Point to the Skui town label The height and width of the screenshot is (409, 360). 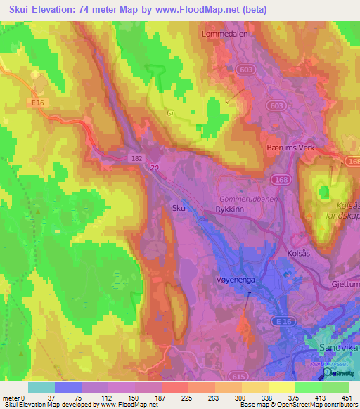click(179, 208)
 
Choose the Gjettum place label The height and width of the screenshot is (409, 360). click(345, 284)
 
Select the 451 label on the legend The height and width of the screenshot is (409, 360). click(347, 398)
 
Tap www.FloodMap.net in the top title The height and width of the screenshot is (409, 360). click(201, 8)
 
